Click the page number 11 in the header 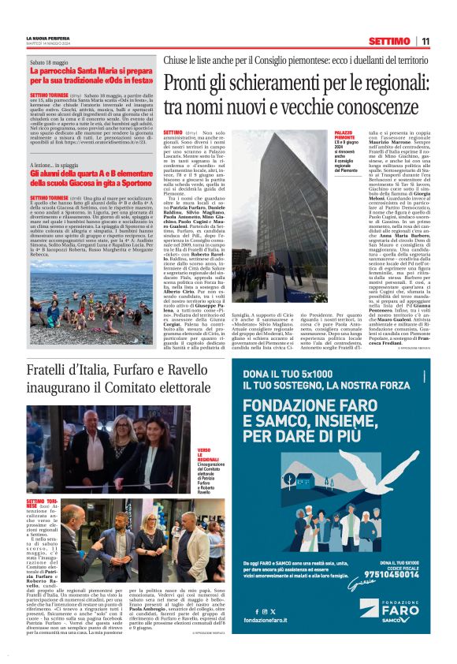point(425,41)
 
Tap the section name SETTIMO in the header point(388,41)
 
